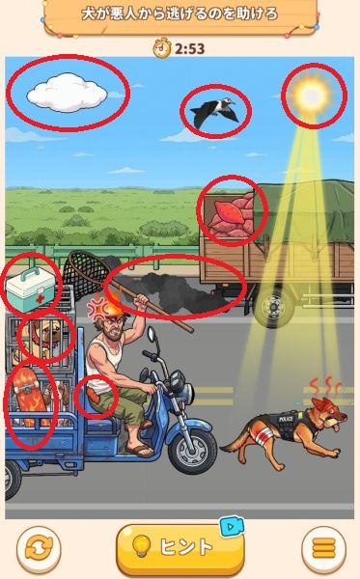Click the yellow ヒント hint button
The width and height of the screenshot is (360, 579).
[x=180, y=546]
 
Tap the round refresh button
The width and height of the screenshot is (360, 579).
[x=39, y=547]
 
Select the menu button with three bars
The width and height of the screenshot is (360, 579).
[x=324, y=547]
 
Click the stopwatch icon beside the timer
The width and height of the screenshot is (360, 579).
[x=162, y=48]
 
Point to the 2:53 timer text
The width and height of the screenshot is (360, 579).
[x=190, y=49]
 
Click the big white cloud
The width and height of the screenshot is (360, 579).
[x=67, y=93]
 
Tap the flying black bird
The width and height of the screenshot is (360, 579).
[x=214, y=111]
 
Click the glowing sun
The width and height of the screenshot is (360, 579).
[x=313, y=96]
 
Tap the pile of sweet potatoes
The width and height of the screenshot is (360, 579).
[x=231, y=215]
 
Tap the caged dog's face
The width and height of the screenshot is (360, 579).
[x=48, y=335]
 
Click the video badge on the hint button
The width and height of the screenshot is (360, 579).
[x=232, y=526]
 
